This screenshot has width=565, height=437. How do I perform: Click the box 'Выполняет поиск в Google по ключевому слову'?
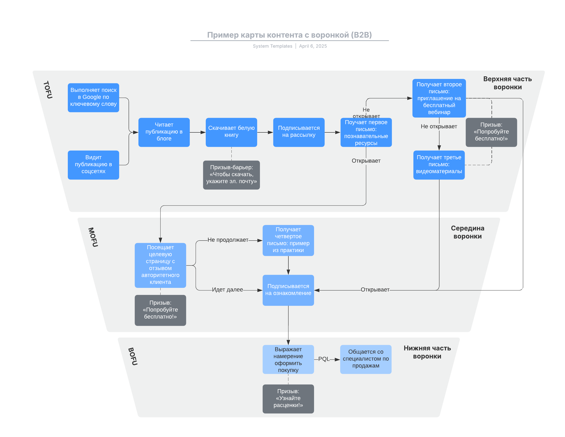[x=93, y=98]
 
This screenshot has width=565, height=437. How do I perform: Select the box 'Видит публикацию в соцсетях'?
[x=93, y=165]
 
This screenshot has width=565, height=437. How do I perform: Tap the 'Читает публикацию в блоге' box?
[x=164, y=132]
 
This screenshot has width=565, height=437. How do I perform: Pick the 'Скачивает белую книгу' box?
[x=231, y=132]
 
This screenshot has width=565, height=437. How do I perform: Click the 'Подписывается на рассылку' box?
[x=299, y=132]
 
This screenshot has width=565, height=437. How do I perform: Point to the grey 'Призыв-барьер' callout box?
[x=231, y=175]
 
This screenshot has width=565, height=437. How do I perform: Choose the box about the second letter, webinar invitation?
[x=439, y=98]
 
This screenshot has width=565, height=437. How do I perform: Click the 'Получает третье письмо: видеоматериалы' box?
[x=439, y=165]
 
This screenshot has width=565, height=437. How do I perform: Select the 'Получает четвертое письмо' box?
[x=288, y=240]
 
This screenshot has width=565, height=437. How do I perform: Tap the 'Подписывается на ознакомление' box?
[x=288, y=290]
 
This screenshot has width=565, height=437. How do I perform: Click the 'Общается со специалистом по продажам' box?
[x=366, y=359]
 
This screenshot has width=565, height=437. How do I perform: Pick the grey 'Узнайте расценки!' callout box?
[x=288, y=399]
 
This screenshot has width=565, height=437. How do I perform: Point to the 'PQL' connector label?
[x=324, y=359]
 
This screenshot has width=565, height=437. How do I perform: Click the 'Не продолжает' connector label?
[x=228, y=240]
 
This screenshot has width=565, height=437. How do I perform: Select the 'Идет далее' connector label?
[x=227, y=290]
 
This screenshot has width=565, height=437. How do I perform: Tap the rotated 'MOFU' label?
[x=93, y=237]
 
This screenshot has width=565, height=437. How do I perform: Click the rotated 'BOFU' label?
[x=133, y=356]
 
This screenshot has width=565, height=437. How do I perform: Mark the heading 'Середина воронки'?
[x=468, y=232]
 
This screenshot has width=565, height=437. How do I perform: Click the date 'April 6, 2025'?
[x=313, y=46]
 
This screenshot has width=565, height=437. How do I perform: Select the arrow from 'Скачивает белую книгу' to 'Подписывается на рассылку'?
[x=265, y=132]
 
